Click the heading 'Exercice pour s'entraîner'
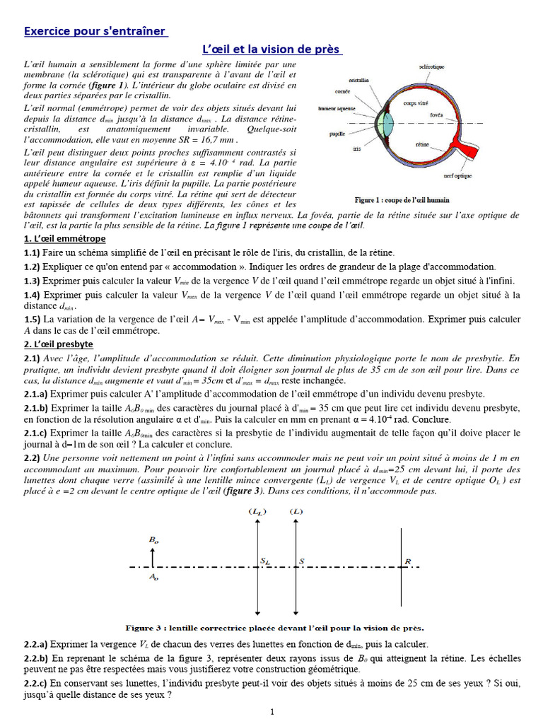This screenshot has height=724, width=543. point(96,31)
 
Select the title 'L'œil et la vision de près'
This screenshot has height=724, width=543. point(272,49)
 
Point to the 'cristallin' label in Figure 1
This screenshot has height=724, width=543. point(358,81)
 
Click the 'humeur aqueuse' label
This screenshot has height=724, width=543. point(336,110)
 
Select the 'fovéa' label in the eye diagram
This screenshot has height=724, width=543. point(436,114)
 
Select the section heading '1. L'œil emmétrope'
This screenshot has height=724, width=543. point(65,239)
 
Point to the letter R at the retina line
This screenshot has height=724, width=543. point(407,561)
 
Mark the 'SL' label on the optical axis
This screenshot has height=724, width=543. point(265,561)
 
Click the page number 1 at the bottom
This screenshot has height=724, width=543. point(271,712)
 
